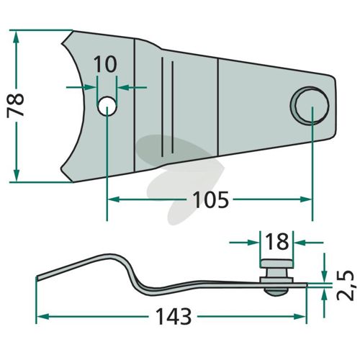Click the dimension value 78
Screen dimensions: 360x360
click(15, 105)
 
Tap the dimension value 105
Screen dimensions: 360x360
click(211, 200)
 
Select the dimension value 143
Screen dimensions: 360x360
click(174, 316)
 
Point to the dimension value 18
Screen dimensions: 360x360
click(277, 241)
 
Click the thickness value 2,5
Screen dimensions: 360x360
click(346, 286)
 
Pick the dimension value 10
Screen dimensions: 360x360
click(105, 64)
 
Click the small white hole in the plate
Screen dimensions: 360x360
click(107, 107)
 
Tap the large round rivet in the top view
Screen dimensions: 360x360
click(310, 106)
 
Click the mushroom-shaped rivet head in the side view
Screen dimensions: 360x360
click(276, 264)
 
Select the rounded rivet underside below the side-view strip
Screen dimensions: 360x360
click(276, 292)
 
